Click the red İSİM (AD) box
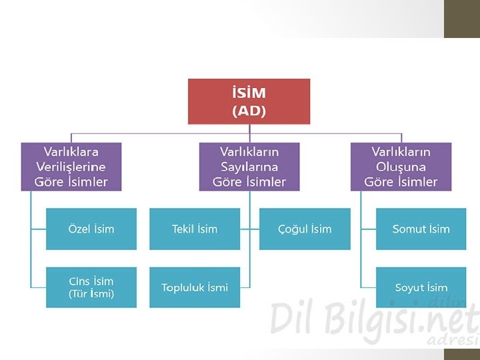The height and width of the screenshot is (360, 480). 249,101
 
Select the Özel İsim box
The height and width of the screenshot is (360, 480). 91,229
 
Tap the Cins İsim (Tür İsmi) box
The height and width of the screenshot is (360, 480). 91,287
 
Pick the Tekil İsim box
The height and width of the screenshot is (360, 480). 195,229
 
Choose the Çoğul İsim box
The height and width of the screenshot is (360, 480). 305,229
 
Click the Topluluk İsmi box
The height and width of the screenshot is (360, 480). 195,287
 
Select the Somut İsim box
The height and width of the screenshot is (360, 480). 421,229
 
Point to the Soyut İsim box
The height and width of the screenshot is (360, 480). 421,287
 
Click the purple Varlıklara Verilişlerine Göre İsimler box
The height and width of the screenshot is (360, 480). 71,167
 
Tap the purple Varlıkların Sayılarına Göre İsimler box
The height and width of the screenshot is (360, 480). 249,167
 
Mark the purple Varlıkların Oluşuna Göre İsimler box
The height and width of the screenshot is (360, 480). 401,167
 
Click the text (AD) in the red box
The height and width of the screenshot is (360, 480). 249,111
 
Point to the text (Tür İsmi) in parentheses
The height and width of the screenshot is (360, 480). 91,294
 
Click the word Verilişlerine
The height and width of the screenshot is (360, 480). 71,167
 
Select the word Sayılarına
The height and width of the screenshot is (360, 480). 249,167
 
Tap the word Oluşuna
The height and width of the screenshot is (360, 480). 401,167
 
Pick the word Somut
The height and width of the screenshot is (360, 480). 408,229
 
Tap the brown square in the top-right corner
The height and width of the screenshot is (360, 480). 462,19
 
